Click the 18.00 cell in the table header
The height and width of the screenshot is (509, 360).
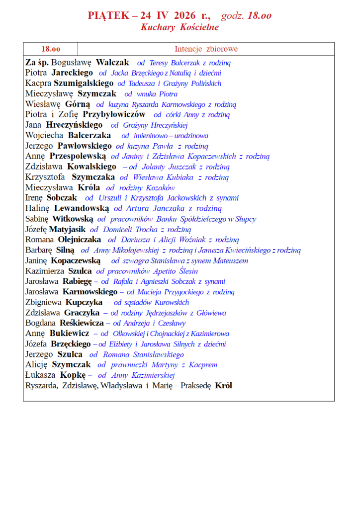tap(51, 49)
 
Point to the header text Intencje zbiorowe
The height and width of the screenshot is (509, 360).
tap(206, 49)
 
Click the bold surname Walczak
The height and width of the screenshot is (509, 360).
tap(112, 63)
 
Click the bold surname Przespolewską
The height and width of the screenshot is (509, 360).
tap(78, 156)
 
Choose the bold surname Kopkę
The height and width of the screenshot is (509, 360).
tap(73, 375)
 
